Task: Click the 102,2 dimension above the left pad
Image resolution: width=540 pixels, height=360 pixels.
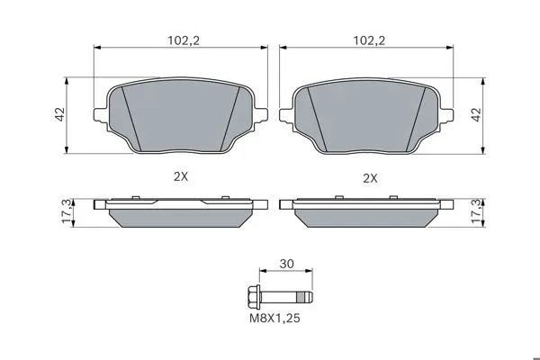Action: tap(184, 40)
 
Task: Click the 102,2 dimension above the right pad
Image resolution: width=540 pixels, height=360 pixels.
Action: tap(369, 40)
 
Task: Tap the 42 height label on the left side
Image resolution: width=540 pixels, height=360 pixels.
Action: tap(60, 114)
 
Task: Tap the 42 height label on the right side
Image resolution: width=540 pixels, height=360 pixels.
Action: tap(476, 114)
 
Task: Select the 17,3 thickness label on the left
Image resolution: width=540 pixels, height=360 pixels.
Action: tap(67, 211)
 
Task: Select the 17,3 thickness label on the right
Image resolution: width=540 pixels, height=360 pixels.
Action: tap(477, 211)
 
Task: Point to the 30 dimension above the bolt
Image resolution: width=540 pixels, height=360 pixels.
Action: tap(286, 264)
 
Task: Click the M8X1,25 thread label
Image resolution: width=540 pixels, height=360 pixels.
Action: tap(274, 318)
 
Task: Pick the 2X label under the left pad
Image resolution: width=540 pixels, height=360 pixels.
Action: tap(181, 176)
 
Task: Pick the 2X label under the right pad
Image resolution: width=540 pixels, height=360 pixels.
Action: tap(370, 178)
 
